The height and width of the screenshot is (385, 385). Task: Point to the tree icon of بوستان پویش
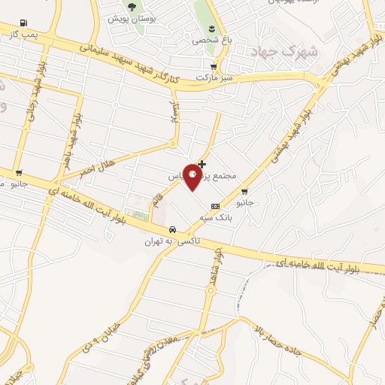[x=132, y=7]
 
